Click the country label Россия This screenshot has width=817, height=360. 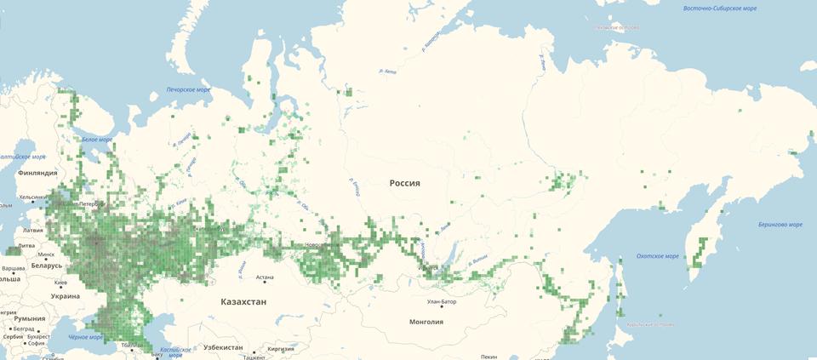(x=405, y=183)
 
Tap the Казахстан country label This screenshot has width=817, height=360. (x=243, y=302)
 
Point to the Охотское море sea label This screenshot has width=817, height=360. (x=658, y=256)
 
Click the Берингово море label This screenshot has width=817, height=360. (x=780, y=225)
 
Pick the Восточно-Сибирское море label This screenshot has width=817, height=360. (x=719, y=9)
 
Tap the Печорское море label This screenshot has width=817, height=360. (x=188, y=89)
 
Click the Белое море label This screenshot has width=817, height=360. (x=97, y=140)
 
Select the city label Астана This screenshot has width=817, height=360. (x=265, y=277)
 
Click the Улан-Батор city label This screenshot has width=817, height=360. (x=443, y=301)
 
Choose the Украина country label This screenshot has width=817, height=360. (x=65, y=296)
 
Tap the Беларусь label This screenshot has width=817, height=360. (x=46, y=265)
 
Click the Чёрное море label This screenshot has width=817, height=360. (x=85, y=337)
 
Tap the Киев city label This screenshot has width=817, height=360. (x=60, y=283)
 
